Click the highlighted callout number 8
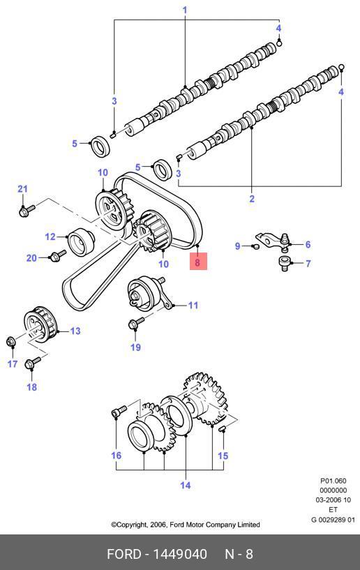(x=198, y=262)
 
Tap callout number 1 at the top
(x=185, y=10)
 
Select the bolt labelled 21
(x=27, y=210)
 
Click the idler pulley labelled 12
(x=81, y=243)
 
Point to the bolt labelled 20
(x=58, y=255)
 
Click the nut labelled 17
(x=11, y=341)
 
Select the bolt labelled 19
(x=136, y=322)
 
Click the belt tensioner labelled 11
(x=149, y=293)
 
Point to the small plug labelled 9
(x=255, y=247)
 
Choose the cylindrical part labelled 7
(x=284, y=263)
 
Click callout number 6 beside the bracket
(x=308, y=244)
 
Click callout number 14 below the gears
(x=185, y=485)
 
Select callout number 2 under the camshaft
(x=252, y=199)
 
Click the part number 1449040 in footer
(x=179, y=554)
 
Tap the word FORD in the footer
(x=123, y=554)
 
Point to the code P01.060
(x=333, y=481)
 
